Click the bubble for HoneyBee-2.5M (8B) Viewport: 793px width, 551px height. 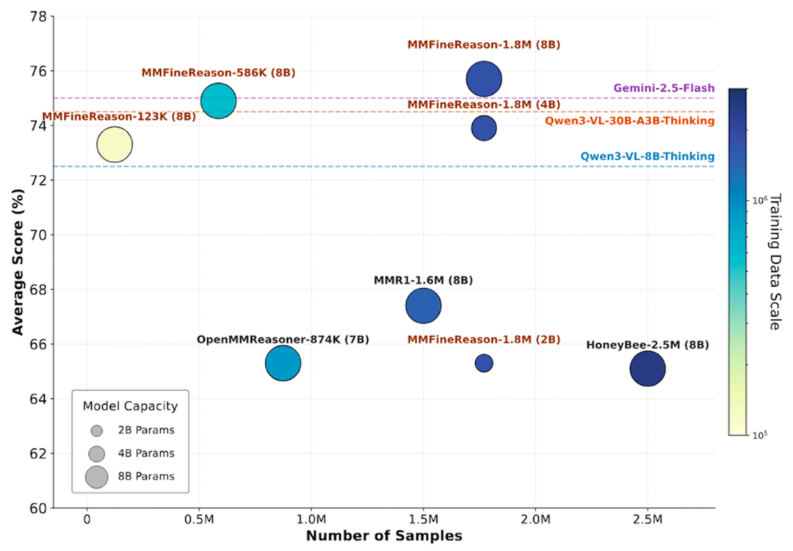click(x=647, y=369)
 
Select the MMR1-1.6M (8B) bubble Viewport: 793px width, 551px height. click(x=423, y=306)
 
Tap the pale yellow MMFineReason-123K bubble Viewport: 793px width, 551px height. click(x=114, y=144)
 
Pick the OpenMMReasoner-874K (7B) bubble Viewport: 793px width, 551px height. click(x=283, y=363)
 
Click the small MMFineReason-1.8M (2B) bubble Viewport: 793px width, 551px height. click(x=484, y=363)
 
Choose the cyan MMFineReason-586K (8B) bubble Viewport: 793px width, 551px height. click(x=218, y=100)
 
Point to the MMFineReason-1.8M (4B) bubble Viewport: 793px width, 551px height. click(x=484, y=128)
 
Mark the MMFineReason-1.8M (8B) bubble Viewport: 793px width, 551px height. click(x=484, y=79)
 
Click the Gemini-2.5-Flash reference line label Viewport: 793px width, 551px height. click(x=664, y=88)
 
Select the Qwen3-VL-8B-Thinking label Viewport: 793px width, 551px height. click(x=648, y=156)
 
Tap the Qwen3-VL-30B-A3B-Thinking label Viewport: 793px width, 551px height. click(x=629, y=121)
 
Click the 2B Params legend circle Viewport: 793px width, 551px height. click(x=96, y=431)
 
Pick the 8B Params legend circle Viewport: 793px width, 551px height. click(x=96, y=476)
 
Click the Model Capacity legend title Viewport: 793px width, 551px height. click(x=130, y=406)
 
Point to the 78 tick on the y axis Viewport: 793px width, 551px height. click(x=37, y=16)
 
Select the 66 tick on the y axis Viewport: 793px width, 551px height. click(x=37, y=344)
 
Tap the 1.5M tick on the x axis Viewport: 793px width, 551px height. click(x=423, y=520)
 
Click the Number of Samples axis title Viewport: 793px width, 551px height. click(x=384, y=536)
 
